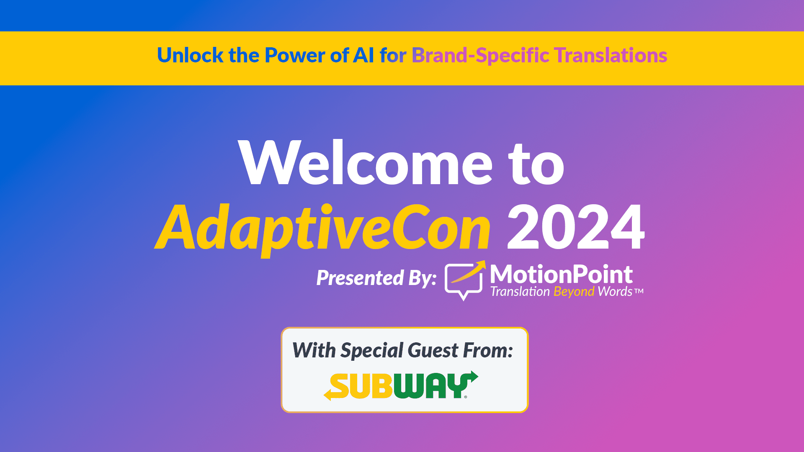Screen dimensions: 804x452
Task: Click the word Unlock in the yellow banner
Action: pos(190,55)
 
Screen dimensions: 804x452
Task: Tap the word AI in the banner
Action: pos(363,55)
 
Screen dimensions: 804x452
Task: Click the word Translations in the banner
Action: pos(611,55)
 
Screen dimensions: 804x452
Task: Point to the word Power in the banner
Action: pos(295,55)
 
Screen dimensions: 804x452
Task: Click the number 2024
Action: pos(576,227)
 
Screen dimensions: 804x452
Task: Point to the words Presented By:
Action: pos(376,278)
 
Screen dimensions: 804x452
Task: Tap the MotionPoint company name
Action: pos(561,275)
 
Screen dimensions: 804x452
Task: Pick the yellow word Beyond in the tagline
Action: pos(574,292)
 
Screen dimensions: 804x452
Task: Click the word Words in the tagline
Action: pos(615,291)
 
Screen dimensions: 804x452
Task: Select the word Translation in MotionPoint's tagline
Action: pos(520,291)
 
